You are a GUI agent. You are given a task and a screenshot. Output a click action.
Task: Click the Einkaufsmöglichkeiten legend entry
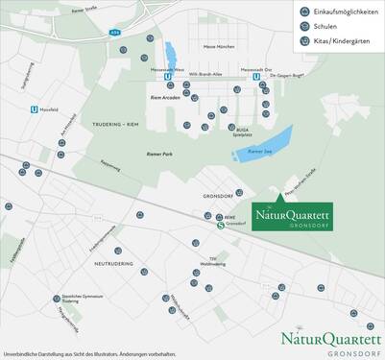click(336, 11)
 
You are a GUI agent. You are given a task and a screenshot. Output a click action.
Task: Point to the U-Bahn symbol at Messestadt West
click(169, 79)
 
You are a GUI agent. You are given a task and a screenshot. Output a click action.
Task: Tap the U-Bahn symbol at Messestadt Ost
click(255, 79)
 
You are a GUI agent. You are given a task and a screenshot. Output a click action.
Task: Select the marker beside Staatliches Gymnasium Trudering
click(56, 300)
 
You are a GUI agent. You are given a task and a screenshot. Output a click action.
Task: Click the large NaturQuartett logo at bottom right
click(330, 341)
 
